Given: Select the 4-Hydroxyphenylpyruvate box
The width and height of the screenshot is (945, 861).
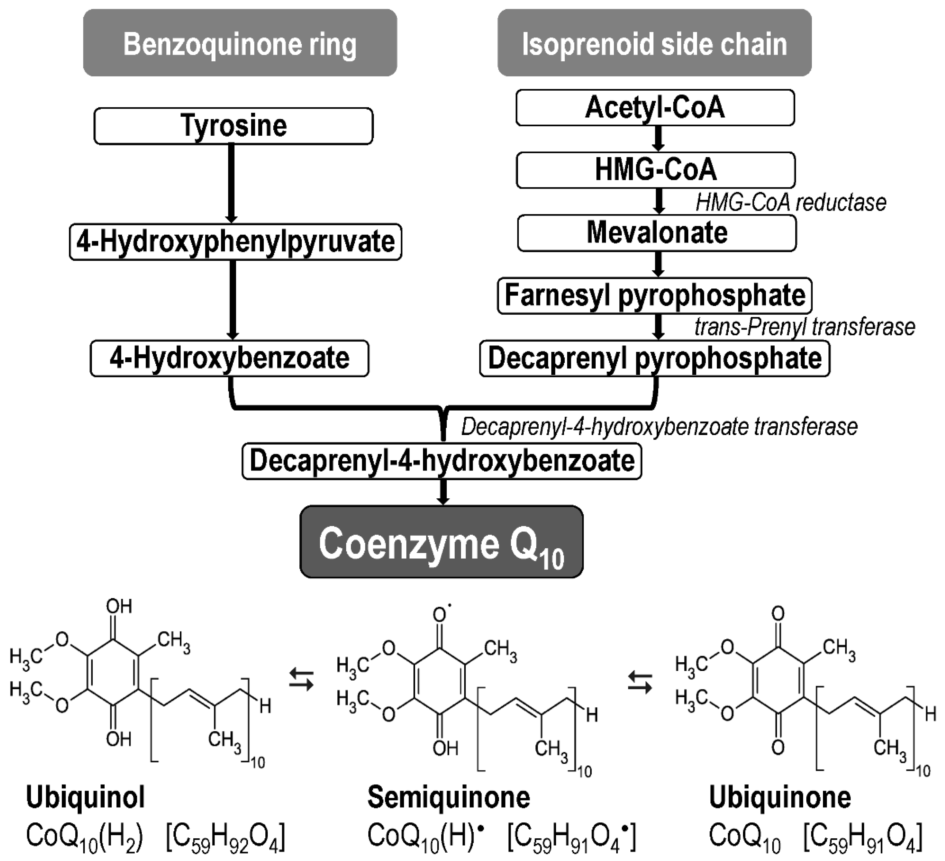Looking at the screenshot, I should [235, 242].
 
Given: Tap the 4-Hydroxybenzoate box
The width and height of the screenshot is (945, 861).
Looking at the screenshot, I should [229, 359].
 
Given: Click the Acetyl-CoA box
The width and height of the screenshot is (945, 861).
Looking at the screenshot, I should [655, 108].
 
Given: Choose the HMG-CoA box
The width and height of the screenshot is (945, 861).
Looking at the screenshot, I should [655, 170].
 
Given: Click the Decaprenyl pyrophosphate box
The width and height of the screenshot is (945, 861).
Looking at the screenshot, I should [654, 359].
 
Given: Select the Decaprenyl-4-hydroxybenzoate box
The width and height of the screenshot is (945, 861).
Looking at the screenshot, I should [442, 461].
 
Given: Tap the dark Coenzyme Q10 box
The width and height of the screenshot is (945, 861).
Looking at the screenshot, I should [442, 541].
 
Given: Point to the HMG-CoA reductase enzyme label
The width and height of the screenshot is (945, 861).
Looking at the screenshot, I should [791, 203].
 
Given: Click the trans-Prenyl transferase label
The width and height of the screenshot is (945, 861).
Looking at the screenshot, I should [804, 327].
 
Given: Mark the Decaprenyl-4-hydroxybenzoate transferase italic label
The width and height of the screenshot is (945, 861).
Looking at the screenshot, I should [659, 427].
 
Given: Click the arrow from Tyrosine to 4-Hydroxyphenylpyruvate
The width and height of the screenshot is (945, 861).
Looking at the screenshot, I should [231, 183].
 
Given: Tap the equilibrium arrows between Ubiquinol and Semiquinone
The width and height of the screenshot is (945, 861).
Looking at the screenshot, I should [301, 680].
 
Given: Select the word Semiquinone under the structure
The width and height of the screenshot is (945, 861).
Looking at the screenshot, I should [449, 797].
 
